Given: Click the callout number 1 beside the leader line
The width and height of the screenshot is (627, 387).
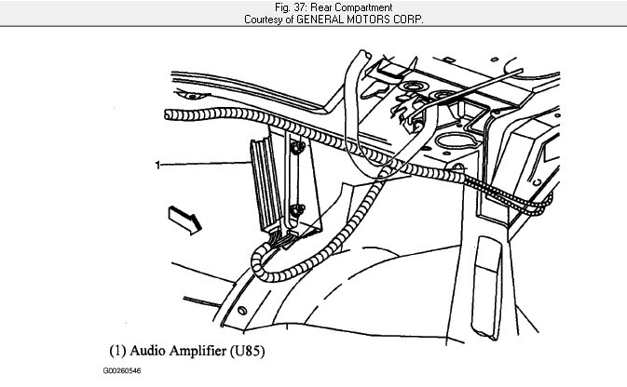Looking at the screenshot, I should coord(157,165).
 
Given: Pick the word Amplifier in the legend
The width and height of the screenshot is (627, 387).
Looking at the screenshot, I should coord(198,353).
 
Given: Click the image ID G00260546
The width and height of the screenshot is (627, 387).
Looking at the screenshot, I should coord(122,371).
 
